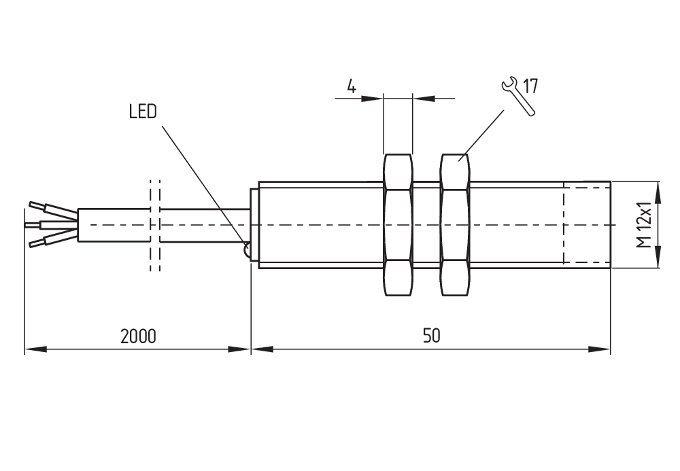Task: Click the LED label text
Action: tap(143, 111)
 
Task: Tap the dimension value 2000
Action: tap(138, 336)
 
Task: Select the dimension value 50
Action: tap(431, 336)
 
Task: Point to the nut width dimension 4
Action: tap(352, 86)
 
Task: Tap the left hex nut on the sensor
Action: tap(398, 225)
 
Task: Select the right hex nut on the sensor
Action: tap(455, 225)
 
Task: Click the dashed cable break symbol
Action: tap(155, 225)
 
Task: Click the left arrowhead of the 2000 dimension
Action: tap(34, 349)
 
